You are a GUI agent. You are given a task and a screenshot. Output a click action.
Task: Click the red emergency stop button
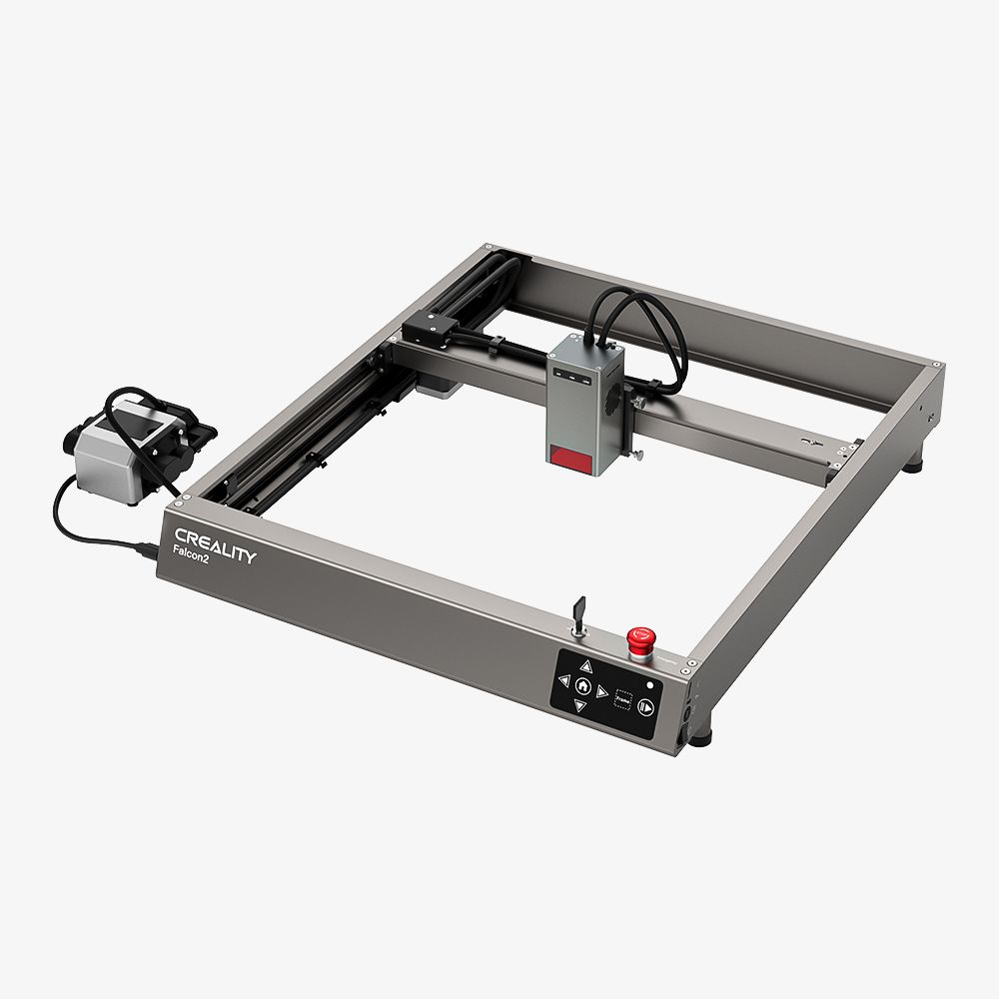pyautogui.click(x=636, y=637)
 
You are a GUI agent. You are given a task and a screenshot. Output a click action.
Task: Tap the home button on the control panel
pyautogui.click(x=581, y=685)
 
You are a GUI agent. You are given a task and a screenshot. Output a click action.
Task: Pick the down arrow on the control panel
pyautogui.click(x=578, y=706)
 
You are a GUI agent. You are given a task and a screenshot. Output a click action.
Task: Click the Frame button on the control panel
pyautogui.click(x=624, y=700)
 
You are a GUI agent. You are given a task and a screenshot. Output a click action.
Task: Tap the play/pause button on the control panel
pyautogui.click(x=646, y=706)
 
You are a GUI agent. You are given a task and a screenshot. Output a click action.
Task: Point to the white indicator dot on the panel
pyautogui.click(x=650, y=685)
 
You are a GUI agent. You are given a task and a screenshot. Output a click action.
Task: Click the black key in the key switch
pyautogui.click(x=578, y=610)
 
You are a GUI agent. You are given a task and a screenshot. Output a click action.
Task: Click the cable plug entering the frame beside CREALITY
pyautogui.click(x=147, y=549)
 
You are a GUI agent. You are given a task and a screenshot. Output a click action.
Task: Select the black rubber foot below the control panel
pyautogui.click(x=702, y=737)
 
